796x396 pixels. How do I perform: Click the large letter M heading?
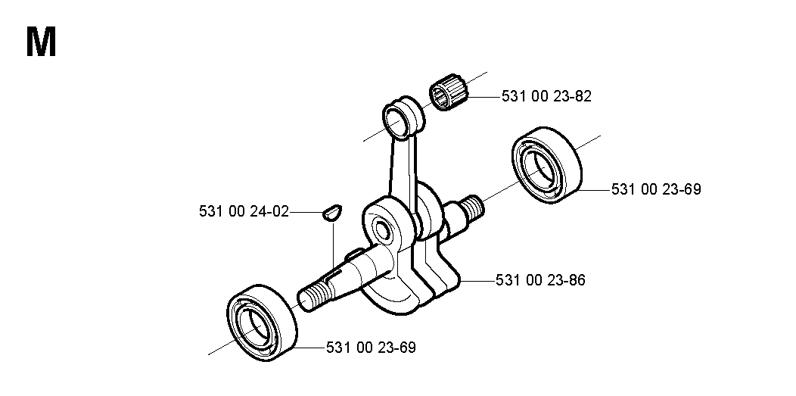[x=41, y=42]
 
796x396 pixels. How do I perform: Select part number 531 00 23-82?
[x=546, y=96]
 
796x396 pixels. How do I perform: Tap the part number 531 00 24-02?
[x=244, y=211]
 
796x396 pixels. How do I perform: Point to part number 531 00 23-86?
[x=540, y=279]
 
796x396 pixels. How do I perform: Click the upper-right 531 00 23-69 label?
[x=656, y=189]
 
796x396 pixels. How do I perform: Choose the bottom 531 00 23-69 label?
[x=371, y=348]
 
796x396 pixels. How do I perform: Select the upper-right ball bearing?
[x=546, y=165]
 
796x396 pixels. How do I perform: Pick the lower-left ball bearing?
[x=261, y=323]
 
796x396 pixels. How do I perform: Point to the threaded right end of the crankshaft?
[x=471, y=206]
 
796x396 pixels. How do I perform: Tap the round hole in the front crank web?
[x=381, y=230]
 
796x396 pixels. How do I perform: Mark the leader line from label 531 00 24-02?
[x=306, y=212]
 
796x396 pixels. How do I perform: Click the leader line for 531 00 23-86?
[x=477, y=279]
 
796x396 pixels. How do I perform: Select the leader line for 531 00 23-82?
[x=485, y=96]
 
